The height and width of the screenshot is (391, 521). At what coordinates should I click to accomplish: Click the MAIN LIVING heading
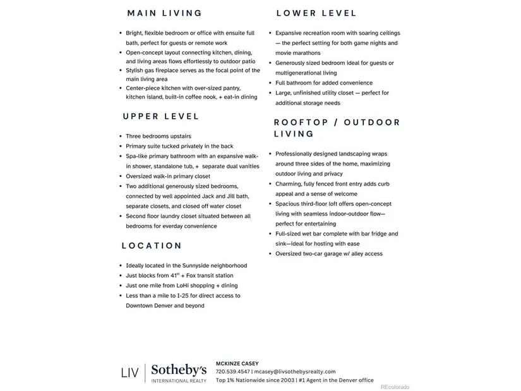[x=164, y=13]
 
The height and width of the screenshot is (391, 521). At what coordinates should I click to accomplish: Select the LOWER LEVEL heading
[x=316, y=13]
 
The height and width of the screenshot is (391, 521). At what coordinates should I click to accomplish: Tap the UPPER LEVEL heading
[x=161, y=116]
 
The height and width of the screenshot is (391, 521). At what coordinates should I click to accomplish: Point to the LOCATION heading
[x=152, y=246]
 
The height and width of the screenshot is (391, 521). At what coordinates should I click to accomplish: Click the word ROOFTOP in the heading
[x=300, y=122]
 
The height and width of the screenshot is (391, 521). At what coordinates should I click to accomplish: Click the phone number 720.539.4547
[x=232, y=372]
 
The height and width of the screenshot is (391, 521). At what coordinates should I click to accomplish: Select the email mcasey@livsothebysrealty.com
[x=295, y=372]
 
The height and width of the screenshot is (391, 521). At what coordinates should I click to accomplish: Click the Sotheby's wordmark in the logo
[x=179, y=370]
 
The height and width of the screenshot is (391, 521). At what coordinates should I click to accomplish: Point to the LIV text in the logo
[x=129, y=373]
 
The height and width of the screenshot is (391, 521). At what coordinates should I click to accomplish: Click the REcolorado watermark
[x=395, y=387]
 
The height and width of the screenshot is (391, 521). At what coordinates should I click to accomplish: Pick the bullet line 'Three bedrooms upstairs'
[x=159, y=136]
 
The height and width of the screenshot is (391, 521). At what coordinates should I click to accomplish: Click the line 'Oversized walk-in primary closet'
[x=168, y=176]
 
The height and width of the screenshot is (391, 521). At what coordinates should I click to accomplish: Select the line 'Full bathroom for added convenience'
[x=324, y=83]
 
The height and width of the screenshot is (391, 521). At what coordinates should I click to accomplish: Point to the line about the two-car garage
[x=329, y=254]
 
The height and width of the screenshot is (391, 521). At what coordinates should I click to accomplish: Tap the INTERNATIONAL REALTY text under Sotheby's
[x=179, y=381]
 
